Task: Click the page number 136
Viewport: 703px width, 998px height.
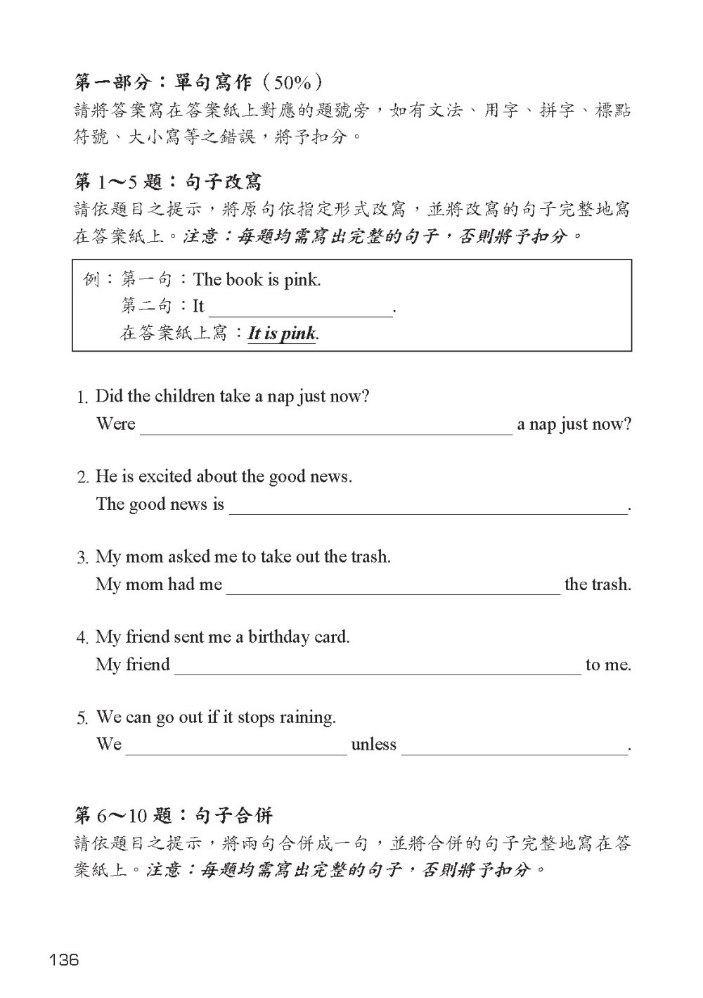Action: point(63,959)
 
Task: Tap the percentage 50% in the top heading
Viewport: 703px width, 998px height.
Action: point(292,83)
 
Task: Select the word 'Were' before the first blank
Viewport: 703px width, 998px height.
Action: point(115,424)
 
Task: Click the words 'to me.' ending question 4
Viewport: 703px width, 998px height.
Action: point(608,665)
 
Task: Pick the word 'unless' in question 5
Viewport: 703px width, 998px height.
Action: point(373,745)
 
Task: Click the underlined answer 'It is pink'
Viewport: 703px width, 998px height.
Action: point(282,333)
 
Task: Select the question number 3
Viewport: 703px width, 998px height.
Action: point(82,558)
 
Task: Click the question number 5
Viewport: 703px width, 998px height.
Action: point(82,719)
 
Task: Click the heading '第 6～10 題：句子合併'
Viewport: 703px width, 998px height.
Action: point(173,816)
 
